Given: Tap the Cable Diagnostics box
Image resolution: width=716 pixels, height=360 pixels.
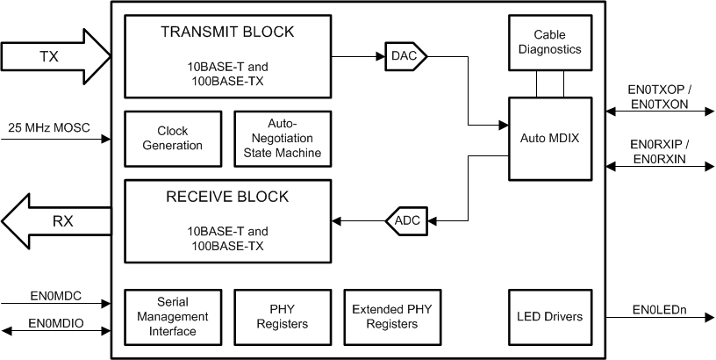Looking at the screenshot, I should [549, 42].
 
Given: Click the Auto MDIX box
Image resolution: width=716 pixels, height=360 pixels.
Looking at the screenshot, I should [549, 140].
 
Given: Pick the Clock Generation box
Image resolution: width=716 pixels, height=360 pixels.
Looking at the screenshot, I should [173, 139].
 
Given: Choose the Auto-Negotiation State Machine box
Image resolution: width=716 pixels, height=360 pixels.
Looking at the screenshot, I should [282, 139].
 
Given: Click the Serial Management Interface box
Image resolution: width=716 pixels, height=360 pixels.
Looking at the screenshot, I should [173, 316].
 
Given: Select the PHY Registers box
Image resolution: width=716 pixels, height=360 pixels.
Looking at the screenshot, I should [282, 316].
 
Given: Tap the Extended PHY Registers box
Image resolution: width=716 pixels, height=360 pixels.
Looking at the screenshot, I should [391, 316].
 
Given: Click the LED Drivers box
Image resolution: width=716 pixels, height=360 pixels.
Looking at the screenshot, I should [549, 316].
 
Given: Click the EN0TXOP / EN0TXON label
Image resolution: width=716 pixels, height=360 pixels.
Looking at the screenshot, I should [659, 96].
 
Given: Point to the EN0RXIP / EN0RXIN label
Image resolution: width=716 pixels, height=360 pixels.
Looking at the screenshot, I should [659, 151].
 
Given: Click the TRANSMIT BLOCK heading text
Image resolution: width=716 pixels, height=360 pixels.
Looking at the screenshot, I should [227, 32].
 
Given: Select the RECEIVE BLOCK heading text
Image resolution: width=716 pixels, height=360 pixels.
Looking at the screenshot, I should [227, 196].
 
